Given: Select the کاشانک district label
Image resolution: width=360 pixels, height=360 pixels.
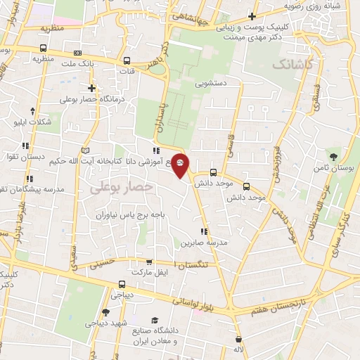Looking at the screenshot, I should pyautogui.click(x=290, y=65).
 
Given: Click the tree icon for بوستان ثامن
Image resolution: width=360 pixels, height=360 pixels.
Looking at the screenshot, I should pyautogui.click(x=333, y=157).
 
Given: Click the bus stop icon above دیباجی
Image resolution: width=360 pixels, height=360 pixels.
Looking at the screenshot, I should pyautogui.click(x=122, y=285).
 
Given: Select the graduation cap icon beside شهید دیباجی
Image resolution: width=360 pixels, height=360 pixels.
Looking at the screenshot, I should pyautogui.click(x=105, y=312).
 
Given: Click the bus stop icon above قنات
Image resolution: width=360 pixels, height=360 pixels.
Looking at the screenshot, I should pyautogui.click(x=127, y=60).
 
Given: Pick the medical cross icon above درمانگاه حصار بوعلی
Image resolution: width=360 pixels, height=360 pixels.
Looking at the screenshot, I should pyautogui.click(x=91, y=88).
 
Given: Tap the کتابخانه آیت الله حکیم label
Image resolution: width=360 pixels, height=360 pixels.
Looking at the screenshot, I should pyautogui.click(x=88, y=162).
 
